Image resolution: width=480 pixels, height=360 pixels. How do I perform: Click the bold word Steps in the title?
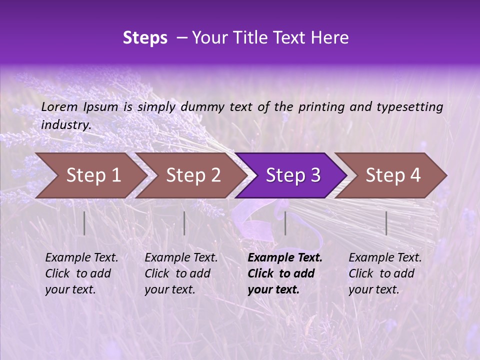(145, 38)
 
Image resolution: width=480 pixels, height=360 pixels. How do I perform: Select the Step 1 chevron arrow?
(90, 175)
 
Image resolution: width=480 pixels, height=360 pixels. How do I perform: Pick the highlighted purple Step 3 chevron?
(292, 175)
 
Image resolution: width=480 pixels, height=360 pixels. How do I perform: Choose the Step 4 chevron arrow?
(392, 175)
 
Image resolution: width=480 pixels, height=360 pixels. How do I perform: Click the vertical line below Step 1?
(84, 223)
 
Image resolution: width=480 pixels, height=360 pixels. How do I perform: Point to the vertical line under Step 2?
(184, 223)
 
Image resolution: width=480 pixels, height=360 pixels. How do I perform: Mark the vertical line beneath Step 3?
(285, 223)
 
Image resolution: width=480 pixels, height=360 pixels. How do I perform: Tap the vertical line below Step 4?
(386, 223)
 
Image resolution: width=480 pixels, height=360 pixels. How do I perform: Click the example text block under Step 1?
(81, 273)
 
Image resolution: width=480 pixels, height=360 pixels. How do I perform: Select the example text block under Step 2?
(181, 273)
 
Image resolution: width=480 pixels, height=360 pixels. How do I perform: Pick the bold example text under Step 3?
(285, 273)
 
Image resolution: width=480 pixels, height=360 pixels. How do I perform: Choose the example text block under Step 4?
(385, 273)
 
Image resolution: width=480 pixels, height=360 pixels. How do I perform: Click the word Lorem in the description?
(59, 106)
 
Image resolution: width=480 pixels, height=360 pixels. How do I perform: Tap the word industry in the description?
(66, 125)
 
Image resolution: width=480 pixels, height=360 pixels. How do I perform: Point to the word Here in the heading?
(331, 38)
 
